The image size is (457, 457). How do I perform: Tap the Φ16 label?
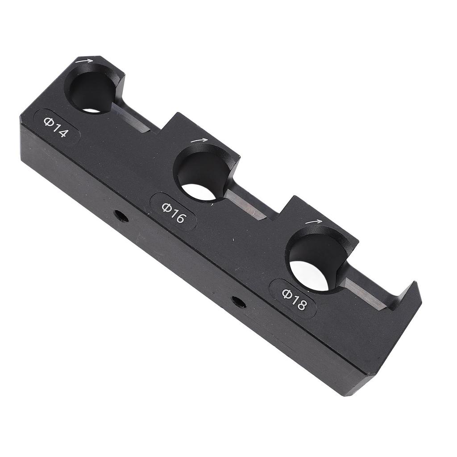click(x=173, y=212)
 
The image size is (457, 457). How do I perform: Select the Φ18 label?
click(x=294, y=299)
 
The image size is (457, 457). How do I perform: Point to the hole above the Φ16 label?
click(x=202, y=174)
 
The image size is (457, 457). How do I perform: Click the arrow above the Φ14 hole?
click(x=85, y=61)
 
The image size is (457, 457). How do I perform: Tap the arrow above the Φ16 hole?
click(x=199, y=140)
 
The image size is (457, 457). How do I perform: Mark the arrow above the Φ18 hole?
click(x=313, y=221)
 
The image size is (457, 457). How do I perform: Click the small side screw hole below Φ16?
click(x=120, y=216)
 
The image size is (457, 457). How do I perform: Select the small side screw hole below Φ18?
click(x=239, y=302)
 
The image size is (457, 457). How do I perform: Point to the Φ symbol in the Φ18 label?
click(x=287, y=293)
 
